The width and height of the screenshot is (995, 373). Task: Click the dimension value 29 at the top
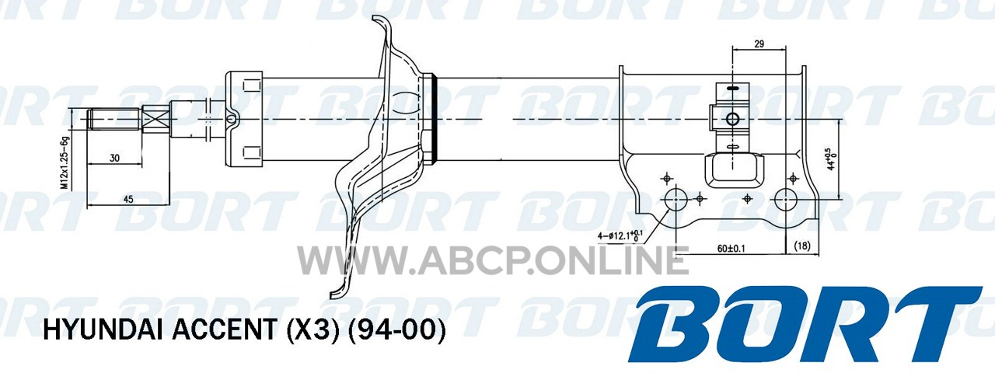(x=759, y=44)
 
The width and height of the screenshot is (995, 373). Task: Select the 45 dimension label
(x=128, y=200)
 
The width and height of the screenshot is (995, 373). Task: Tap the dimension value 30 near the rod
(x=114, y=158)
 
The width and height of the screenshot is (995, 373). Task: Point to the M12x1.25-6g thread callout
(x=65, y=163)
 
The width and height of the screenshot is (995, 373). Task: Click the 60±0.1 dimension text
(x=731, y=249)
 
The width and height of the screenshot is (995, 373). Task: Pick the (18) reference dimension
(x=801, y=246)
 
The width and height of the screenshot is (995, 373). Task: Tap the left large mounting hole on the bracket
(x=676, y=200)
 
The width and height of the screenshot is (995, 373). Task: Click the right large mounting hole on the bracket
(x=786, y=200)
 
